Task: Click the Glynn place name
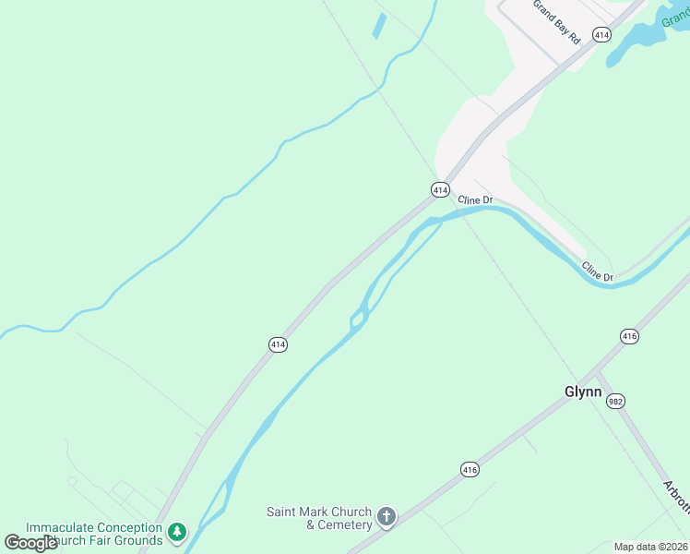[x=583, y=391]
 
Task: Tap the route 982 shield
[x=616, y=400]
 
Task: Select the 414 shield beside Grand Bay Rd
[x=601, y=35]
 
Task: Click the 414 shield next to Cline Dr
[x=440, y=188]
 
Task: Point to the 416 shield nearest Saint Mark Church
[x=470, y=470]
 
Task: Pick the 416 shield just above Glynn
[x=629, y=336]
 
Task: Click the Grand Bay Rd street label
[x=556, y=20]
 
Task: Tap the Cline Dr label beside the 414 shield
[x=476, y=199]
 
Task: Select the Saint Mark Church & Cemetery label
[x=319, y=518]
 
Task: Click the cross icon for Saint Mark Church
[x=387, y=518]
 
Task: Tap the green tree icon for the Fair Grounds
[x=177, y=533]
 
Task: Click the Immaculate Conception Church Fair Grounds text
[x=94, y=534]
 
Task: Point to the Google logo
[x=30, y=543]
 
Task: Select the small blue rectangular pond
[x=379, y=26]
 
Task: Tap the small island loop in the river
[x=358, y=319]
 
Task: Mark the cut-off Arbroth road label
[x=677, y=497]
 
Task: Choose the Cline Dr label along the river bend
[x=598, y=271]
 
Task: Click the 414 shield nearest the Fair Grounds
[x=278, y=344]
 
